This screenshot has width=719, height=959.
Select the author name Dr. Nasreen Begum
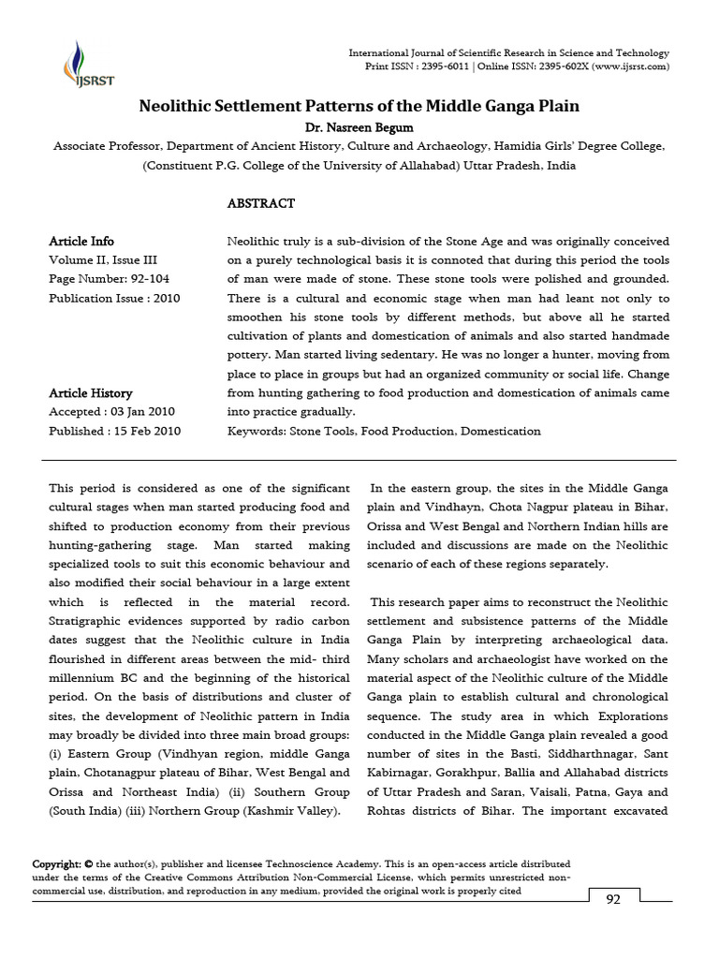359,127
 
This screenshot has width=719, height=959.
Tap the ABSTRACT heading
261,203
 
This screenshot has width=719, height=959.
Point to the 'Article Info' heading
81,242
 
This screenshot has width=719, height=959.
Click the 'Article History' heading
91,393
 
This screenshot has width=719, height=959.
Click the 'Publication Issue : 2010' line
114,299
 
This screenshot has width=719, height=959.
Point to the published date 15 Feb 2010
147,432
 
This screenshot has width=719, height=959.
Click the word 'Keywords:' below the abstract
257,432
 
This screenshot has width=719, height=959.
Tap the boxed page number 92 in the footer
613,900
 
